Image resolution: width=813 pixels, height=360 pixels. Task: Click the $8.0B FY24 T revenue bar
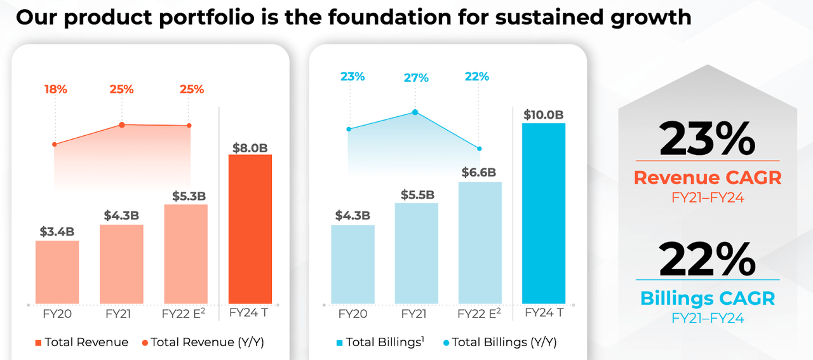[x=250, y=229]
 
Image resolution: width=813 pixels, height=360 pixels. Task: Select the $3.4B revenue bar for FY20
[x=57, y=272]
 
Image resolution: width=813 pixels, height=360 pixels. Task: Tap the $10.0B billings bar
[x=543, y=213]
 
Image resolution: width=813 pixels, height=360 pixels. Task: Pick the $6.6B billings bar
[x=480, y=243]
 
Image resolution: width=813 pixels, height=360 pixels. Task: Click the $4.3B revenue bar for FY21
[x=121, y=264]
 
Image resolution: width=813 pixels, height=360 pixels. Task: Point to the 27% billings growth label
[x=416, y=78]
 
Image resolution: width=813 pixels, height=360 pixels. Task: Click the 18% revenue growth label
[x=55, y=90]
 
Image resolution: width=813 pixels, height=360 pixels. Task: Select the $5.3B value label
[x=189, y=196]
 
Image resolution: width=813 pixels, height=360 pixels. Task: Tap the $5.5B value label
[x=417, y=194]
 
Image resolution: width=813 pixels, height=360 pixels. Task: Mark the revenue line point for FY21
[x=122, y=125]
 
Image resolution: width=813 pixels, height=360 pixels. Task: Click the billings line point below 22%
[x=480, y=149]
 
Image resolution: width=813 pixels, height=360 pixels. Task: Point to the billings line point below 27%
[x=415, y=112]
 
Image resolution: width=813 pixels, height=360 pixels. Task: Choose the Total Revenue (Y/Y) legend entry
[x=203, y=342]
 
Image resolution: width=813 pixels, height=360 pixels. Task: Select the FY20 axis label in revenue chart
[x=57, y=314]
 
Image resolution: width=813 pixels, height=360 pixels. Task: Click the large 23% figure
[x=707, y=140]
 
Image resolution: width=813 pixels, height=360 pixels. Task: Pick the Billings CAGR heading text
[x=707, y=298]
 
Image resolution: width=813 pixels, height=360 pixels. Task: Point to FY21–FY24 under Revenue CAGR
[x=707, y=197]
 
